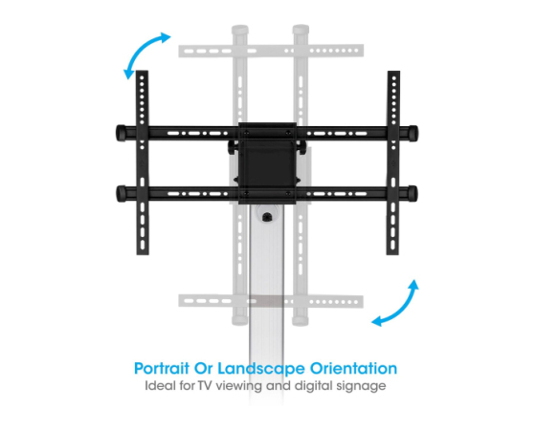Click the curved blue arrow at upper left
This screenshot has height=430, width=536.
[140, 48]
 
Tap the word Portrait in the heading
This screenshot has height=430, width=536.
[162, 369]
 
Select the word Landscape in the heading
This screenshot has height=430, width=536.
[261, 369]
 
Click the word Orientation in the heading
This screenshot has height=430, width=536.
[353, 368]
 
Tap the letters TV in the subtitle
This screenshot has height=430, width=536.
[205, 386]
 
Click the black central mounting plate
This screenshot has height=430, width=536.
[267, 163]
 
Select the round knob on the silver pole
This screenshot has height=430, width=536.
[266, 216]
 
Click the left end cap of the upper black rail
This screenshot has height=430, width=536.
[121, 133]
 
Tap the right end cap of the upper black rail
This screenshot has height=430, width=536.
[413, 133]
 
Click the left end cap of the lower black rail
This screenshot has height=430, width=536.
[121, 193]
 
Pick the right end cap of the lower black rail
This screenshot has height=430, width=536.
[413, 193]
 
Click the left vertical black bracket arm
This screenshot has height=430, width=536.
[143, 162]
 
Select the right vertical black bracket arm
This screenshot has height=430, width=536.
[393, 162]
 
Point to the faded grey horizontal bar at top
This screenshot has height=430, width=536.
[271, 51]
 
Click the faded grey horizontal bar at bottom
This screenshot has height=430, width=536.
[271, 301]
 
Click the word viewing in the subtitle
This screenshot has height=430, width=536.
[238, 386]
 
